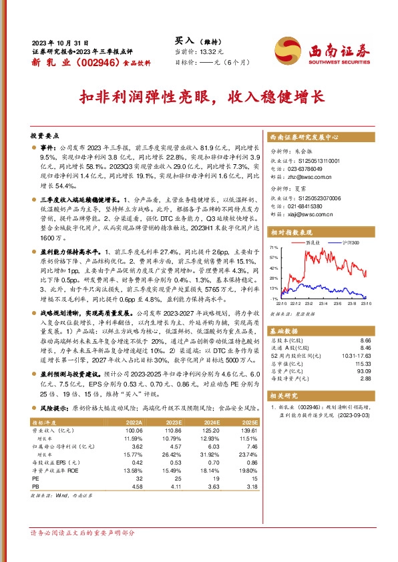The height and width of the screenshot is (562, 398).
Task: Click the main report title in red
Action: tap(199, 95)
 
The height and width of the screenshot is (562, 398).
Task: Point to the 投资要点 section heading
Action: tap(45, 134)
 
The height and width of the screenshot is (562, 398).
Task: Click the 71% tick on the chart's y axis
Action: tap(274, 247)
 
